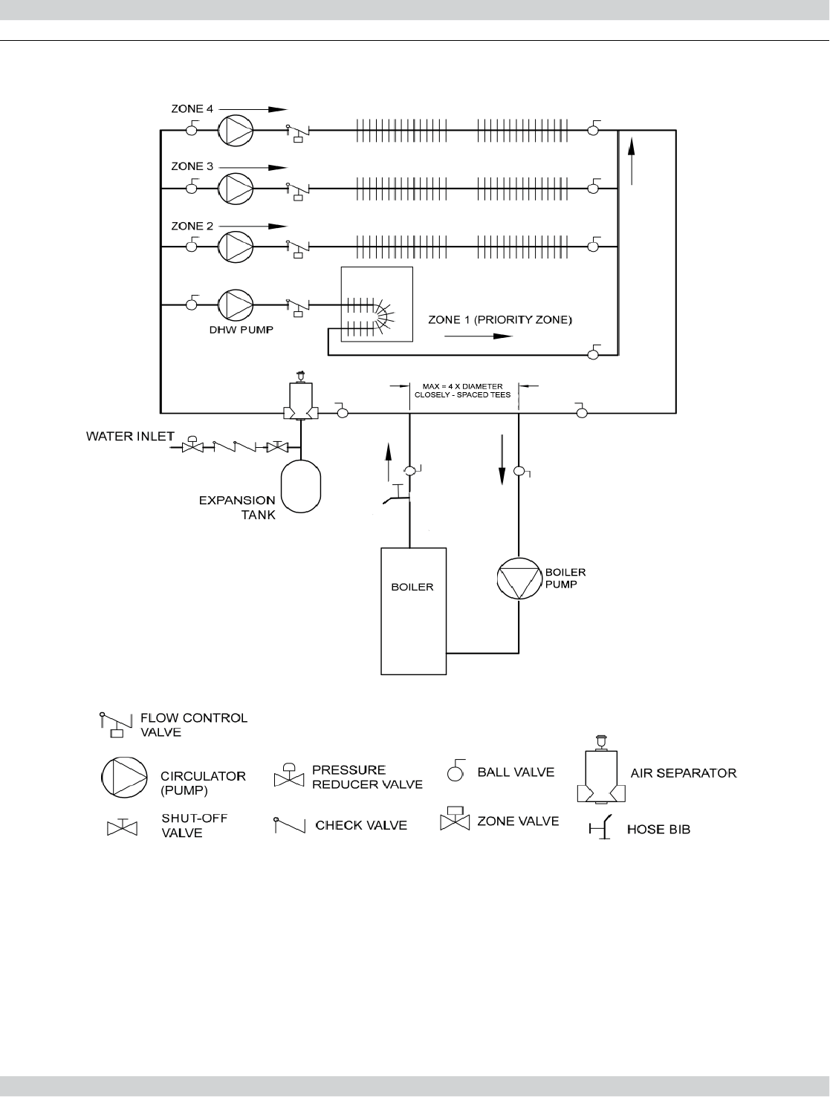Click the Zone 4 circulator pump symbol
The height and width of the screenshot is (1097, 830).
coord(236,130)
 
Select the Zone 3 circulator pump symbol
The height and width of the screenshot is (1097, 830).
coord(236,188)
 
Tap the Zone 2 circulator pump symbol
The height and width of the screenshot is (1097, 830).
coord(236,246)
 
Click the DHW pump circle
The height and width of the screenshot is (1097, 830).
coord(236,304)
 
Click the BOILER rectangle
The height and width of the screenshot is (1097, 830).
coord(414,611)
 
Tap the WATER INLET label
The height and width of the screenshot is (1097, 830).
coord(130,436)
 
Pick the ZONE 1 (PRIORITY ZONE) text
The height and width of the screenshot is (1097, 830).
coord(501,319)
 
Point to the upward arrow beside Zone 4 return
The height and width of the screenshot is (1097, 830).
coord(632,160)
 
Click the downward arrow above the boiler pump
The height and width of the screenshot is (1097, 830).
coord(502,460)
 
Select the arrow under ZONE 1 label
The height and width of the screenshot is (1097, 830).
coord(479,336)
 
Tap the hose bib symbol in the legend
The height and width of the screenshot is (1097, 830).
coord(602,827)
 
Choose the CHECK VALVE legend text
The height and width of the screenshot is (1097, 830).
coord(361,825)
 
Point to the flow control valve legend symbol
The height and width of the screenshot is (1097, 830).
coord(111,724)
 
